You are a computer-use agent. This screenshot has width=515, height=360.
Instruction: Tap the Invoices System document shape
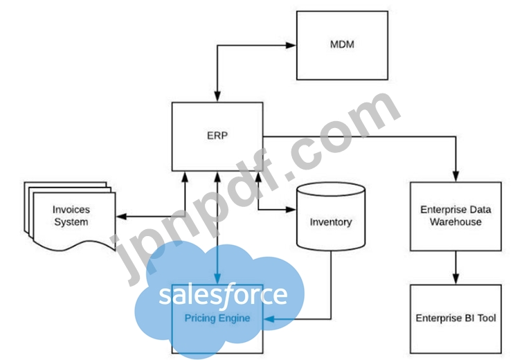[x=69, y=216]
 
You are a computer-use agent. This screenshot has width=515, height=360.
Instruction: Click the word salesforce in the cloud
[x=222, y=295]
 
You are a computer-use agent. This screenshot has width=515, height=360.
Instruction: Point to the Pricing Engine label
[x=217, y=318]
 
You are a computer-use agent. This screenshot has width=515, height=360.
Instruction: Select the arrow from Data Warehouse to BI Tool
[x=455, y=267]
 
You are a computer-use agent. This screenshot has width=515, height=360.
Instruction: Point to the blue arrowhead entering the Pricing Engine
[x=270, y=319]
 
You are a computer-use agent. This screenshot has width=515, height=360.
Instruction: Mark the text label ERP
[x=217, y=136]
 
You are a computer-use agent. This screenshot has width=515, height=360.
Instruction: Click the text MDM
[x=341, y=45]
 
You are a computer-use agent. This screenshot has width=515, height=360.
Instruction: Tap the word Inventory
[x=330, y=222]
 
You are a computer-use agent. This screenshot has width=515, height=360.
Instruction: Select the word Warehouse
[x=455, y=222]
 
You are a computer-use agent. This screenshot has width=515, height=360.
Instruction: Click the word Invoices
[x=71, y=209]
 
